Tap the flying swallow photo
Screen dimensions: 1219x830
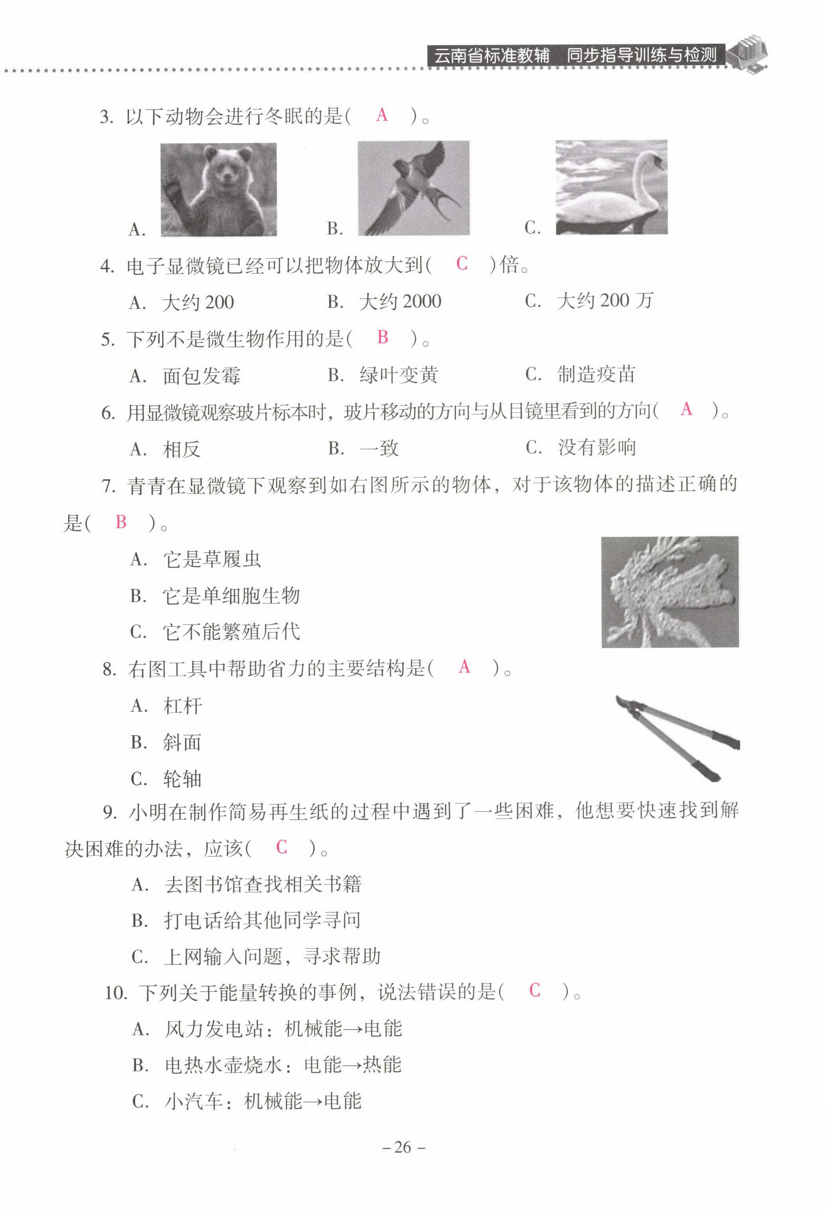coord(413,188)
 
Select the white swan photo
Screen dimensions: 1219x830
coord(611,187)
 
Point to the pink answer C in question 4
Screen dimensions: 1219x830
coord(461,263)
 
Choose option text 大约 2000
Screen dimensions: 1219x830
coord(400,301)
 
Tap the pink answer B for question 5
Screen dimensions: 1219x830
coord(383,337)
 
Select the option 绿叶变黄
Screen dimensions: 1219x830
coord(399,375)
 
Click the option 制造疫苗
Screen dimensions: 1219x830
coord(596,375)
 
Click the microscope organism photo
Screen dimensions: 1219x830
coord(670,592)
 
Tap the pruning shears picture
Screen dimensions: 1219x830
coord(678,738)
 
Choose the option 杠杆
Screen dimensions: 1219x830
coord(183,706)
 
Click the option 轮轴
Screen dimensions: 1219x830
coord(183,779)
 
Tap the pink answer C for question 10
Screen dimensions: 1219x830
coord(534,990)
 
